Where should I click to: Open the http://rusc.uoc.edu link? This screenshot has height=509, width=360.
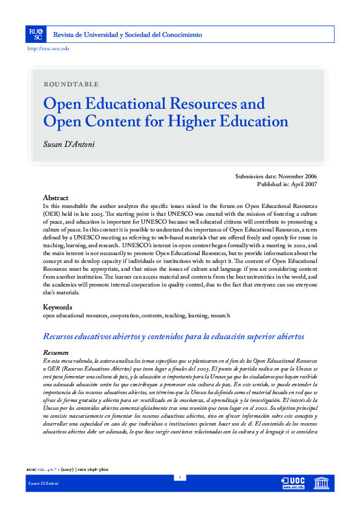point(48,48)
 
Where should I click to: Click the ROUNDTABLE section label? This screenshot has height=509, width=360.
point(71,84)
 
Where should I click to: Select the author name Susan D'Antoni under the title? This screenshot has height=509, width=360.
point(68,146)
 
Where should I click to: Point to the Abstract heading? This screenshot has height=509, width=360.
point(56,198)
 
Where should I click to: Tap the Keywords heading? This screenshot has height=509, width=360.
point(57,307)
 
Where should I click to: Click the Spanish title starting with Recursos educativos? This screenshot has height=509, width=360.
point(173,337)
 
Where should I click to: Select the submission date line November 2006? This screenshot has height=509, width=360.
point(275,177)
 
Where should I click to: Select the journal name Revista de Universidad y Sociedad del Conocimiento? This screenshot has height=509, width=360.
point(128,35)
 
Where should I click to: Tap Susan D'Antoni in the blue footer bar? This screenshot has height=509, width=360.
point(41,501)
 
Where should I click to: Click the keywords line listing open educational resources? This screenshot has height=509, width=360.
point(136,316)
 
